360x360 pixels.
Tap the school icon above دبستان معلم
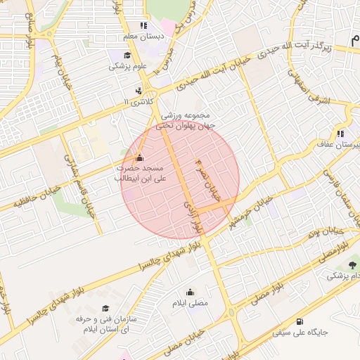pos(145,25)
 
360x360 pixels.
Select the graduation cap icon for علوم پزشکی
pos(127,56)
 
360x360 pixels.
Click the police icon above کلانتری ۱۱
pos(139,91)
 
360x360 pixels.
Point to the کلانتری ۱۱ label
pos(137,102)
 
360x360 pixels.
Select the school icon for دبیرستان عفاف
pos(340,133)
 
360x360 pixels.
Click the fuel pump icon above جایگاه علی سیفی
pos(301,321)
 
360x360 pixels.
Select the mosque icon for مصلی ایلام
pos(190,292)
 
